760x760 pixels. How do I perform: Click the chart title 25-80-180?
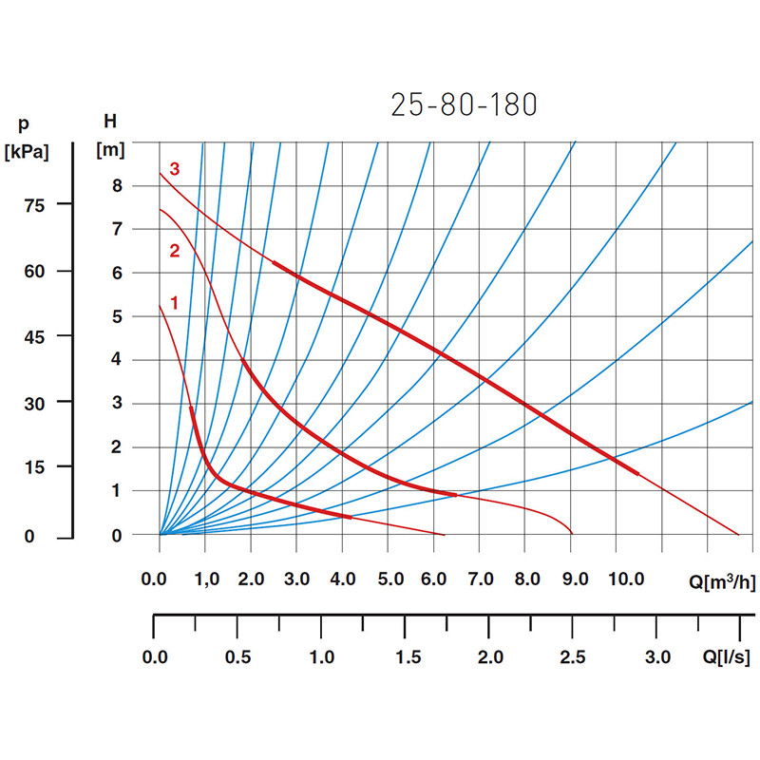[x=464, y=104]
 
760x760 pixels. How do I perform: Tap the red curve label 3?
[x=174, y=169]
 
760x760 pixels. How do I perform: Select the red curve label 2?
[x=174, y=252]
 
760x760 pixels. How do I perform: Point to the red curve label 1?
[x=174, y=303]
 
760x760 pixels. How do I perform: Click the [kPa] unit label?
[x=27, y=151]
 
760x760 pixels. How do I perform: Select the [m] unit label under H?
[x=111, y=149]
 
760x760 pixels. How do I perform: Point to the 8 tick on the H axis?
[x=117, y=186]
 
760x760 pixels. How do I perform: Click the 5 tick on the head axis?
[x=117, y=317]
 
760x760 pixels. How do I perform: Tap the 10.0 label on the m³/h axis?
[x=626, y=579]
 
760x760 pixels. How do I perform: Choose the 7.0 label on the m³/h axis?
[x=482, y=579]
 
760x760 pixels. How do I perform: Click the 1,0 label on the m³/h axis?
[x=205, y=579]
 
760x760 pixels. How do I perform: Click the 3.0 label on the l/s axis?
[x=657, y=656]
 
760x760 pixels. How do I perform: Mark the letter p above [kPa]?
[x=23, y=123]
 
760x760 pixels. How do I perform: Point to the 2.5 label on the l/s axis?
[x=573, y=656]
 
